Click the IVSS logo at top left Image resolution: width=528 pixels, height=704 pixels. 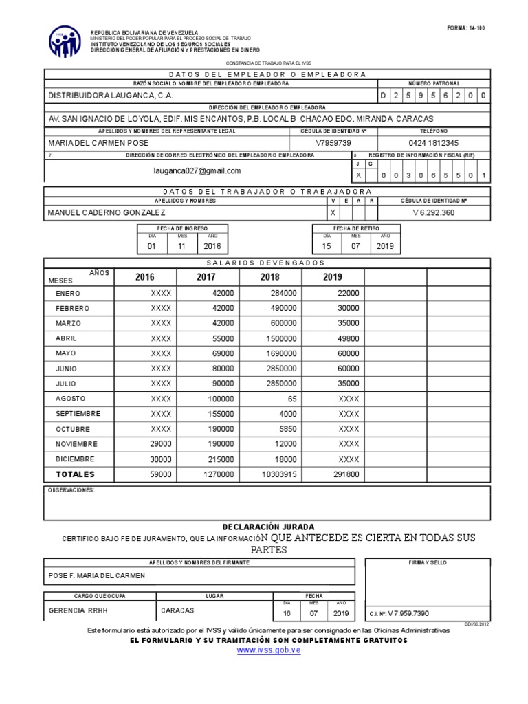[65, 42]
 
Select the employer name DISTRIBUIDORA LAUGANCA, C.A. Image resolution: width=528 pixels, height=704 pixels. [110, 96]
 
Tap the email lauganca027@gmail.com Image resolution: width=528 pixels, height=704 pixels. [197, 170]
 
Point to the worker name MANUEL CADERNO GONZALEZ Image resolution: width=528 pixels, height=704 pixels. [106, 213]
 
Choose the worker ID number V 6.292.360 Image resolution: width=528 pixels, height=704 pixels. [433, 213]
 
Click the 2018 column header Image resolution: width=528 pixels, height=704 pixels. [270, 277]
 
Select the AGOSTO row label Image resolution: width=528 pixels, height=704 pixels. [71, 399]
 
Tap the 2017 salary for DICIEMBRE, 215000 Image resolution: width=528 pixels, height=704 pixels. [219, 459]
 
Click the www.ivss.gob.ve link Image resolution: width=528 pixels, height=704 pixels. [269, 650]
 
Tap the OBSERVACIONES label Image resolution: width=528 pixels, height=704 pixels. [71, 490]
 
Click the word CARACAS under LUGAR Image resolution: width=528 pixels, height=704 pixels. [177, 610]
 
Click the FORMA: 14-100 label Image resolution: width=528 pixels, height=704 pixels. [465, 28]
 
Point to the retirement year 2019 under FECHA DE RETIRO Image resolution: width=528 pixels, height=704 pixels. [385, 246]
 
